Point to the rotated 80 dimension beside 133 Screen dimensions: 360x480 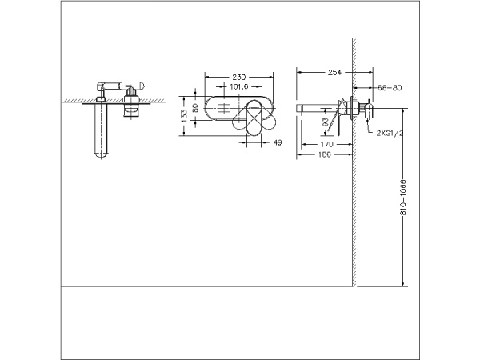194,106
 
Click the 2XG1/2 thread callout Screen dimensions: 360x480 389,134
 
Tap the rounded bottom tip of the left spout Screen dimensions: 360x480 100,156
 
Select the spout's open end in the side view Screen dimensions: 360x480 299,106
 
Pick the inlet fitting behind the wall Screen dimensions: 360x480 367,107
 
